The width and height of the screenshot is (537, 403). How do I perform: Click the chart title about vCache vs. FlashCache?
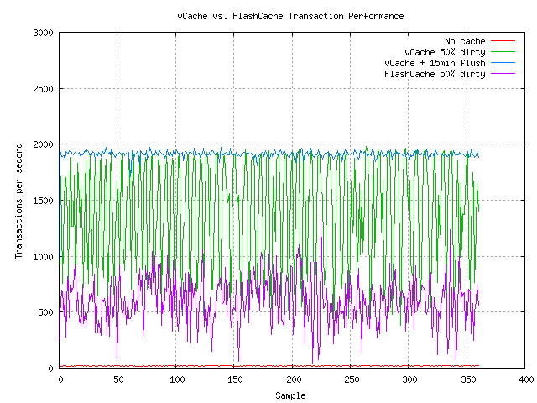point(290,16)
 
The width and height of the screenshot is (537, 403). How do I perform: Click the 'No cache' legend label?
point(465,41)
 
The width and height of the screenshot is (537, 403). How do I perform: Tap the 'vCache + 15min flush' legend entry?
point(435,63)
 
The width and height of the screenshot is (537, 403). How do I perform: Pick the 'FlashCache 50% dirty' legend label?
point(435,74)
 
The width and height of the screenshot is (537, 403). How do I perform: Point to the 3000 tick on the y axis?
point(43,33)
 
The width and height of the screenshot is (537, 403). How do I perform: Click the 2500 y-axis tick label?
point(43,89)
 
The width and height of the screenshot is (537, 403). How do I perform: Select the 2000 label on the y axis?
point(43,144)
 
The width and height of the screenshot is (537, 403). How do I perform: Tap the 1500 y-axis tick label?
point(43,201)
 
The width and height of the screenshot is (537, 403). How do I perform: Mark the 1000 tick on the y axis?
point(43,256)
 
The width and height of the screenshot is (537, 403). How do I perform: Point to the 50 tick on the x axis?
point(118,379)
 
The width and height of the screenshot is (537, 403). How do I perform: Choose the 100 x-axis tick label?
point(176,379)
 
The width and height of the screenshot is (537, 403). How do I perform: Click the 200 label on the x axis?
point(293,379)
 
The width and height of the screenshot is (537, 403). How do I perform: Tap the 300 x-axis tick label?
point(409,379)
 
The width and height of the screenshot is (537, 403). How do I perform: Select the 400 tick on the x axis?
point(526,379)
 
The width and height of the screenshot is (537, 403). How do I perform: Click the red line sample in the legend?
point(502,41)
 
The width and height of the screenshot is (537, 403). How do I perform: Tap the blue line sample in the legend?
point(502,63)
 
